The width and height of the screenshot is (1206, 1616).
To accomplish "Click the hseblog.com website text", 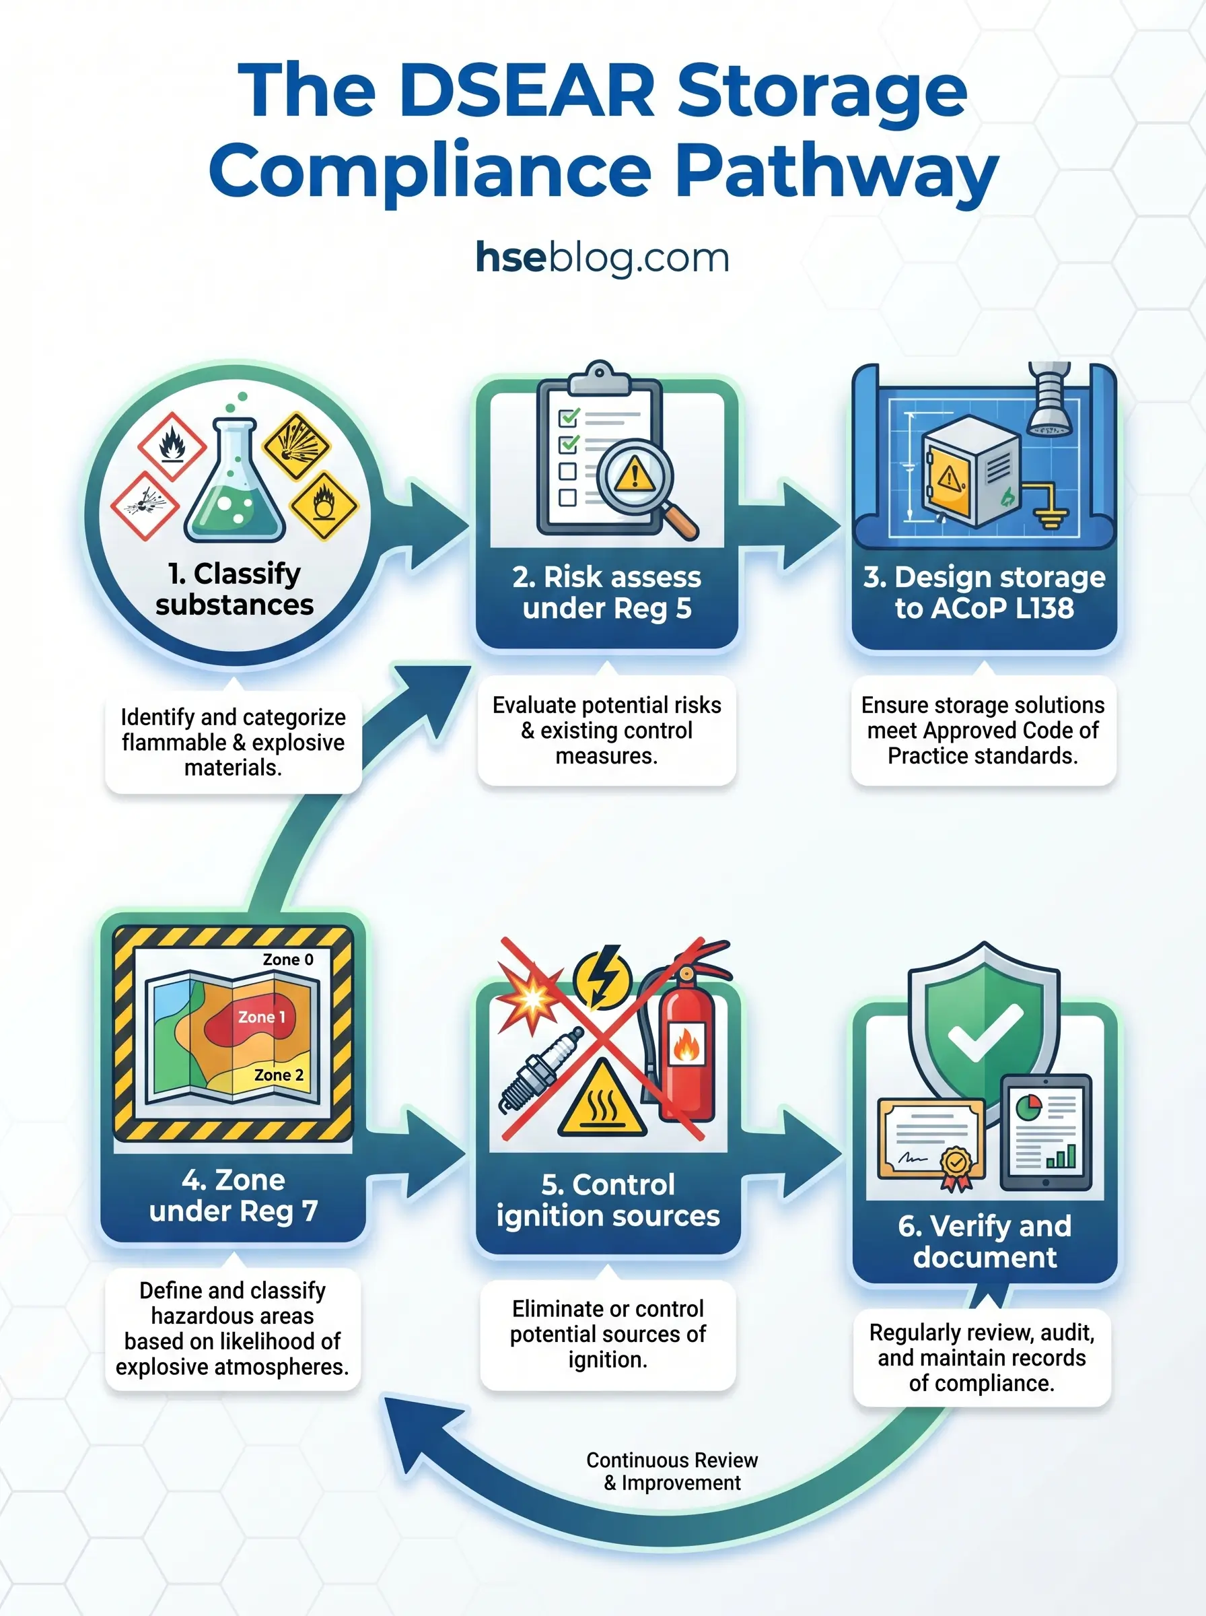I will [x=602, y=258].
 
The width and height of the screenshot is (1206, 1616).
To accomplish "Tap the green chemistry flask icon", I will [x=234, y=485].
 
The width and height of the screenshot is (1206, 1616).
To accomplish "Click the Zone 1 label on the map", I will [x=261, y=1017].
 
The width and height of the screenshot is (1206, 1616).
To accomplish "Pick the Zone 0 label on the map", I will [x=287, y=959].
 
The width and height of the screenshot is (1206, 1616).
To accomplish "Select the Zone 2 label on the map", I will [x=278, y=1075].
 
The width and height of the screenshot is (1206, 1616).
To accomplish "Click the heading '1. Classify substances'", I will [x=234, y=588].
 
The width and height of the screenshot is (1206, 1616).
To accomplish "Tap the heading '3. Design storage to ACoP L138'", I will [x=984, y=593].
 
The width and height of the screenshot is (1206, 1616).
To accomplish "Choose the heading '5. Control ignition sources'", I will [x=608, y=1200].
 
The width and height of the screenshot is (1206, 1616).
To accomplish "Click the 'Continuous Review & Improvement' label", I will [x=672, y=1471].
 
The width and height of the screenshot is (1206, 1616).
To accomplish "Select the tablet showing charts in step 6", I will [x=1045, y=1132].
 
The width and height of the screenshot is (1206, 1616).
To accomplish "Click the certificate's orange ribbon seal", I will [x=956, y=1164].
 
